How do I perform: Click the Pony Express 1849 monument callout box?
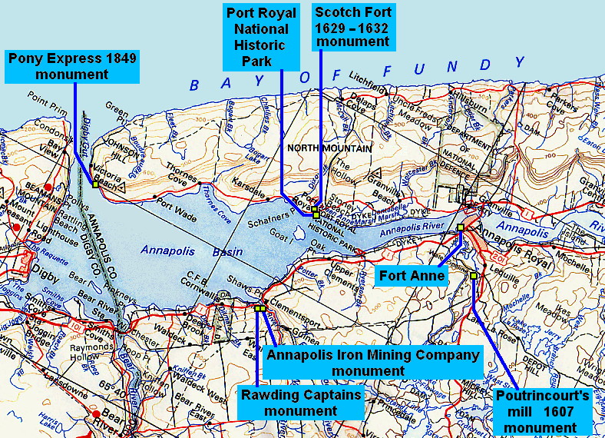73,67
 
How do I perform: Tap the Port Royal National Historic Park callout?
257,37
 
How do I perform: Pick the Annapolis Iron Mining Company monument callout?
373,362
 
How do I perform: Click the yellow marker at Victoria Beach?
94,184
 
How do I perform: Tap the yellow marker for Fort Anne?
460,227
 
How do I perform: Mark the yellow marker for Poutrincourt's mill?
474,276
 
